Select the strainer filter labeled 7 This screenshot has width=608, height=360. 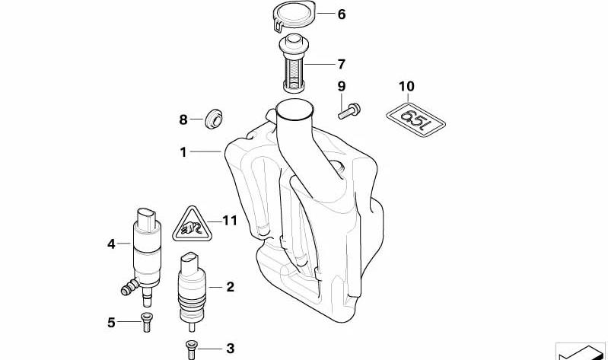point(294,63)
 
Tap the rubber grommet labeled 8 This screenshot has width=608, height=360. point(214,119)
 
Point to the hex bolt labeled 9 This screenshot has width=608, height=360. point(349,111)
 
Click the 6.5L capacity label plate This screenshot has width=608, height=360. point(415,119)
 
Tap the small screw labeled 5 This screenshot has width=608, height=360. point(146,322)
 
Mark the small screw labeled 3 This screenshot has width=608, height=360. point(191,349)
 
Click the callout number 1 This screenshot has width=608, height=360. point(183,152)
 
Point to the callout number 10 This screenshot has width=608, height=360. point(407,86)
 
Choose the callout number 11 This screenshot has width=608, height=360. point(230,221)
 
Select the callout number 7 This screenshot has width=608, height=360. point(341,64)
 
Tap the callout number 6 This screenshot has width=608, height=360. point(341,14)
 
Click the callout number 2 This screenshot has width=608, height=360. point(231,287)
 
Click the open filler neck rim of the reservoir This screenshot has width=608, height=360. point(294,110)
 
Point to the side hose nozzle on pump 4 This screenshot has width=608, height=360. point(129,287)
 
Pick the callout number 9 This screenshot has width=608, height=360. point(341,86)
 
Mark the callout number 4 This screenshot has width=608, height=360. point(111,244)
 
